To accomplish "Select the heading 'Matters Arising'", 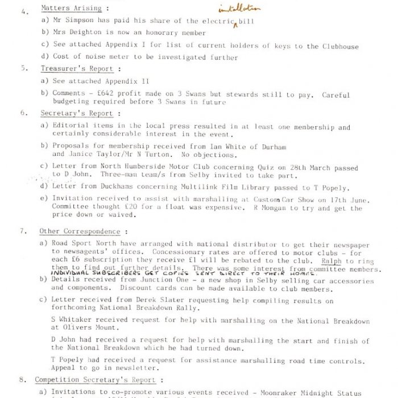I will coord(71,9).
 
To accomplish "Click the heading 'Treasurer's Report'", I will coord(76,69).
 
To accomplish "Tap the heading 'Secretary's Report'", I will coord(76,113).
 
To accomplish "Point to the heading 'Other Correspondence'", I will coord(79,231).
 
